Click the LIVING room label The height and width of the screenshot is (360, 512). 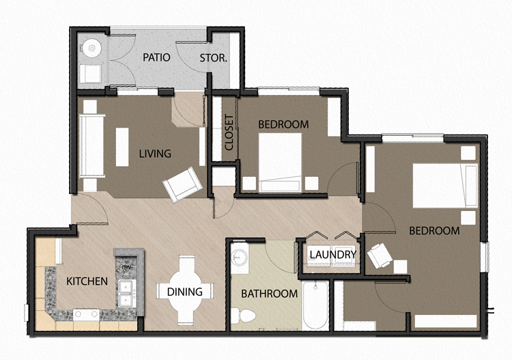(155, 153)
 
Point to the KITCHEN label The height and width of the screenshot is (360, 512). (87, 281)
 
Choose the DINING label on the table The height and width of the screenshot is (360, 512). (185, 292)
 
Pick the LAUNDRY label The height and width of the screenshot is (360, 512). (332, 255)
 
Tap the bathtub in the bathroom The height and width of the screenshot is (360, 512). (315, 306)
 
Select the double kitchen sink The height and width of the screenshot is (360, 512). (126, 292)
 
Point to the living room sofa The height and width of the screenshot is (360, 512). (91, 145)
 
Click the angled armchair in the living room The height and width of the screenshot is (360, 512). (184, 183)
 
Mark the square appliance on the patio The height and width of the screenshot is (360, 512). (89, 74)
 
